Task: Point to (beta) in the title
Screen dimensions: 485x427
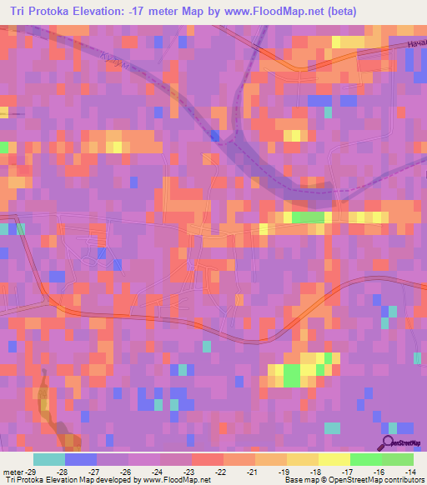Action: coord(341,11)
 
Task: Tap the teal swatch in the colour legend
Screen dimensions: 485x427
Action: coord(49,458)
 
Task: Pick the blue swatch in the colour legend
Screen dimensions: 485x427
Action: coord(81,458)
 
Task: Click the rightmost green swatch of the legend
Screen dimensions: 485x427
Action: coord(398,458)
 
